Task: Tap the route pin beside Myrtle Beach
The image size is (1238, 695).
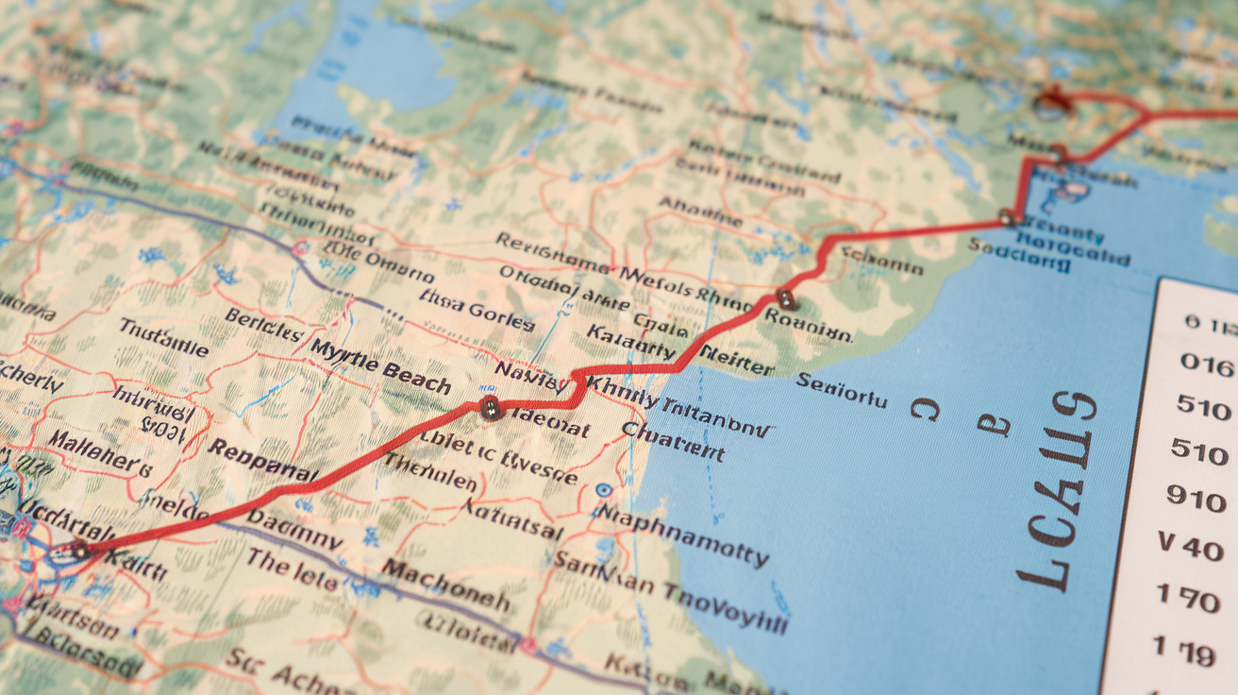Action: click(489, 408)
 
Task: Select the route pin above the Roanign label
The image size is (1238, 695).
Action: click(786, 300)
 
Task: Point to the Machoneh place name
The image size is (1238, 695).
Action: click(445, 585)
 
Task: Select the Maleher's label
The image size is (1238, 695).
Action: click(99, 452)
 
